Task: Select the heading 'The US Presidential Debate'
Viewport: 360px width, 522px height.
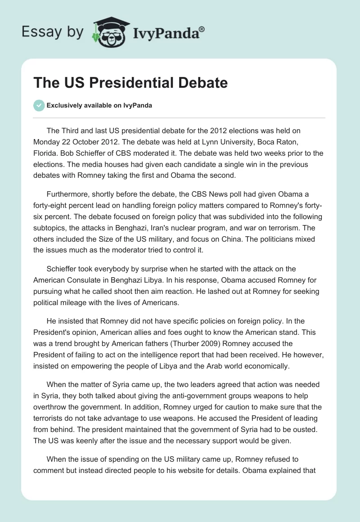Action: click(130, 83)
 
